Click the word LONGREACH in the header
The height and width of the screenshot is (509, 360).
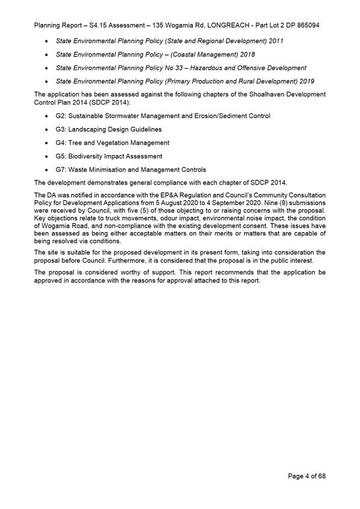coord(219,26)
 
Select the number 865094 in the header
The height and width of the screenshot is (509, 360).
coord(306,26)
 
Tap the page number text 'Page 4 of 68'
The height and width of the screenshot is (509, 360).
coord(307,476)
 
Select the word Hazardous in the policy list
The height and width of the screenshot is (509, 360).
coord(214,67)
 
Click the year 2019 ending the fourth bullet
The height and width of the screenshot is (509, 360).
coord(305,81)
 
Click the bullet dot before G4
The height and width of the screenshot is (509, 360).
coord(47,143)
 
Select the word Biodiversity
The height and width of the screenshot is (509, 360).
coord(89,156)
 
